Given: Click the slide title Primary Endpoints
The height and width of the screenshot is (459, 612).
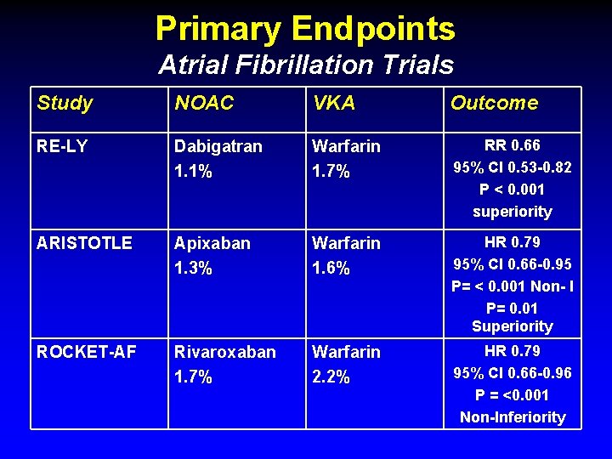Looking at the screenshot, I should (305, 29).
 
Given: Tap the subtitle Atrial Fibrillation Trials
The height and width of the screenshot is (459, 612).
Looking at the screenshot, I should (305, 65).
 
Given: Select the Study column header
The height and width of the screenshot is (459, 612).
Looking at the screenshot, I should (65, 103).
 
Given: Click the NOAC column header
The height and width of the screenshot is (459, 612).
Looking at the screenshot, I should (204, 103).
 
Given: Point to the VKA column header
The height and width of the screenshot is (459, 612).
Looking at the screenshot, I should (334, 103).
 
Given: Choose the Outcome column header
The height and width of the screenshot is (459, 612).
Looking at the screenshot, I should (494, 103).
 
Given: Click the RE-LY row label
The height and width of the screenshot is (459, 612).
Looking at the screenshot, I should (62, 146).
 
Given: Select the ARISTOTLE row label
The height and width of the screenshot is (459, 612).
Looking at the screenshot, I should (84, 243).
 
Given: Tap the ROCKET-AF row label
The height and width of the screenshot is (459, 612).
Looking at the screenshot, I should (86, 352).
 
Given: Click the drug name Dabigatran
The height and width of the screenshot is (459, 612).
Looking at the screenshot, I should (218, 146).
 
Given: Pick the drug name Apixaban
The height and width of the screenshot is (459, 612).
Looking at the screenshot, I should (212, 243).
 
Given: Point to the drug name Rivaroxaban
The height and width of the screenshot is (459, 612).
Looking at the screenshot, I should (225, 352).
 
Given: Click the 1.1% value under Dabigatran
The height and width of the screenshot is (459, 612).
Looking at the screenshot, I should (194, 171).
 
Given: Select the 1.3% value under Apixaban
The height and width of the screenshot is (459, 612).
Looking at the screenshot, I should (194, 268).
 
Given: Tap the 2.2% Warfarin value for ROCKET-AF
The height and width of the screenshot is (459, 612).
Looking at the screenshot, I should (331, 377).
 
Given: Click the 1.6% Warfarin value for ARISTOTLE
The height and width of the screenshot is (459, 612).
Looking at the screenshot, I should (331, 268).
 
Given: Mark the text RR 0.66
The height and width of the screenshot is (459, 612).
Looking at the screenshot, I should (512, 145).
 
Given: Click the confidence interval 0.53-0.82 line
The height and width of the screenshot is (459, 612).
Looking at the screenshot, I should (512, 167).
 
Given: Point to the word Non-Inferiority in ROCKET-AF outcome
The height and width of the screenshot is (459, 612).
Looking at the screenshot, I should (513, 417).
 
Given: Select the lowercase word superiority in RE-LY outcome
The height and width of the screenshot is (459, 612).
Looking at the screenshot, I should (513, 212).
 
